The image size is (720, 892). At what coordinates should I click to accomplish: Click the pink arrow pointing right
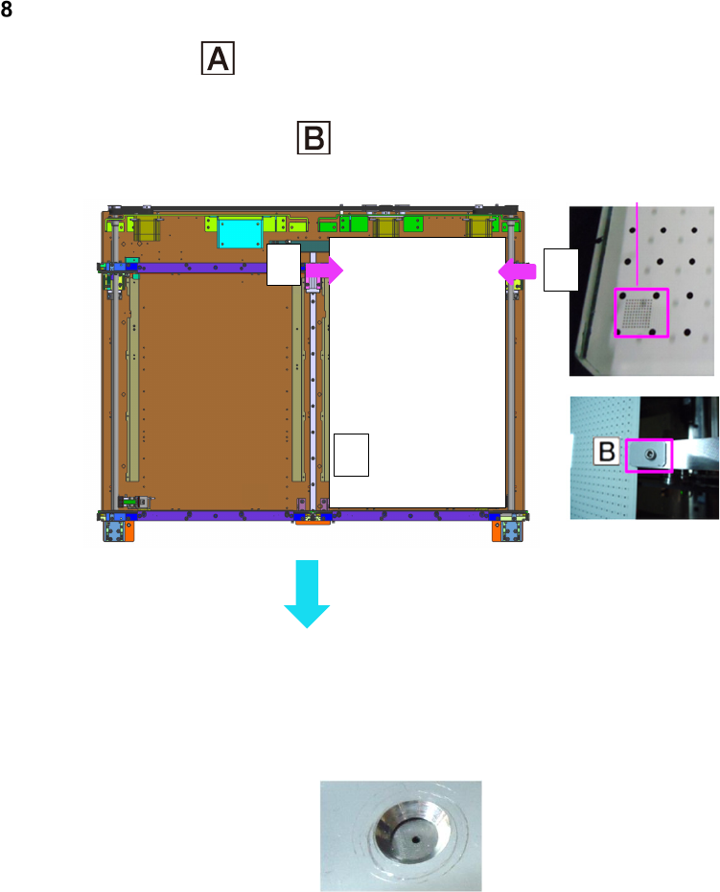[x=323, y=270]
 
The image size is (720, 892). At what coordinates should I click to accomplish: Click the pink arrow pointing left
[x=516, y=271]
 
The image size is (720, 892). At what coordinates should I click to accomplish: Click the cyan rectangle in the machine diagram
[x=240, y=232]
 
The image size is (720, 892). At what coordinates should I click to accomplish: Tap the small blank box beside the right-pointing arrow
[x=285, y=266]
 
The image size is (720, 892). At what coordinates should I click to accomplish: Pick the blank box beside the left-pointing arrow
[x=560, y=268]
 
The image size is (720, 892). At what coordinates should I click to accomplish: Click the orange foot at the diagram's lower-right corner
[x=499, y=529]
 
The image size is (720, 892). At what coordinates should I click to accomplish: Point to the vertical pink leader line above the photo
[x=639, y=240]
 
